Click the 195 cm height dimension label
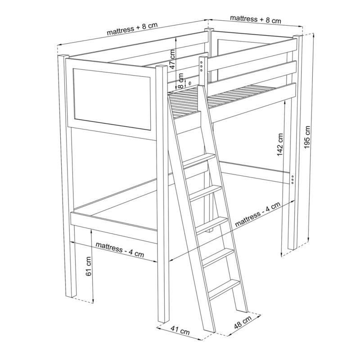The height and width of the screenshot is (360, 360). coord(307,137)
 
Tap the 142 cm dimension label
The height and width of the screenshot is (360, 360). coord(280,144)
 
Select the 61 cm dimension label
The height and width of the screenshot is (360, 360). coord(89,266)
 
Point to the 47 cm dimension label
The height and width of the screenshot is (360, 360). coord(172,59)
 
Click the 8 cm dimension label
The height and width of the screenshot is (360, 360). coord(181,81)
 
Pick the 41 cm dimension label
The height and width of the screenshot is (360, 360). coord(180,331)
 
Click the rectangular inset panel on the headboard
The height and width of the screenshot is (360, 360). coord(112,99)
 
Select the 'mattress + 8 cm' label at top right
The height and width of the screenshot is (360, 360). coord(256,19)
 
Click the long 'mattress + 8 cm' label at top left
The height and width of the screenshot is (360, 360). coord(132,29)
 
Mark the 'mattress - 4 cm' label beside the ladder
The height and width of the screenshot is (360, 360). coord(258,215)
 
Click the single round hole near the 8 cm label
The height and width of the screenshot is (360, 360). coord(190,84)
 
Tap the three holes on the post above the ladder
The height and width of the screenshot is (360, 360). coord(201,66)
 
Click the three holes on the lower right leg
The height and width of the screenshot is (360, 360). coord(292,179)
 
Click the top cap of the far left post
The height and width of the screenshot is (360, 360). coord(63,56)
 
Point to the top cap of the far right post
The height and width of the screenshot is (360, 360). coord(298,37)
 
